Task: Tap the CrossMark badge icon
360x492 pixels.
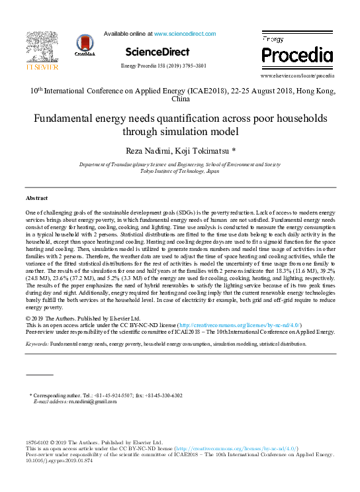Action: [85, 45]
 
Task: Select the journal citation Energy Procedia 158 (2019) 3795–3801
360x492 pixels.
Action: [163, 66]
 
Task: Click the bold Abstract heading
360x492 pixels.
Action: [36, 198]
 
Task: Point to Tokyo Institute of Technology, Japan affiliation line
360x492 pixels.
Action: [180, 170]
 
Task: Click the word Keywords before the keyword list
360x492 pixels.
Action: [36, 345]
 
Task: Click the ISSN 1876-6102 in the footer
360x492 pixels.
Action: [39, 442]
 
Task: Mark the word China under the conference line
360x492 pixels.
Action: [180, 99]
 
